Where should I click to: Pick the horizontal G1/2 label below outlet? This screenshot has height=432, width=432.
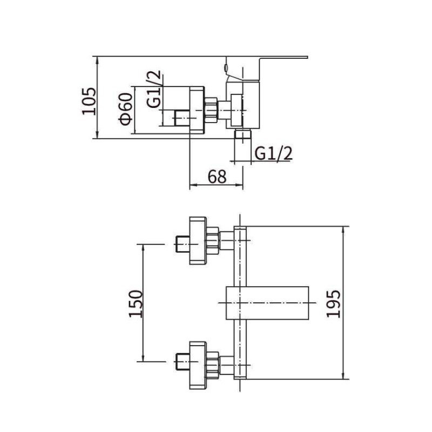273,153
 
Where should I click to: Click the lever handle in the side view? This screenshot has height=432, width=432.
270,59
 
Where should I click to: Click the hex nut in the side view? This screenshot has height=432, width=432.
211,108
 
